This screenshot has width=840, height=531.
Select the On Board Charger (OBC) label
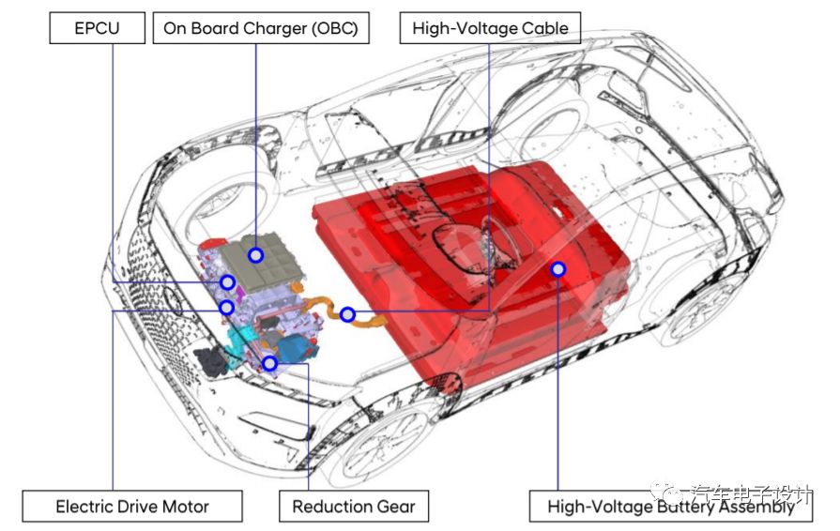click(x=260, y=28)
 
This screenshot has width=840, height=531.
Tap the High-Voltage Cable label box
click(x=490, y=28)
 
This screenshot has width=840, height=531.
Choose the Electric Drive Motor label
click(x=132, y=508)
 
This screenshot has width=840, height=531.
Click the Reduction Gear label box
click(x=354, y=508)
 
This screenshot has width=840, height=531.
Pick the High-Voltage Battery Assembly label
click(x=670, y=508)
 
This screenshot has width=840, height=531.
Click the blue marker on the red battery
click(x=558, y=269)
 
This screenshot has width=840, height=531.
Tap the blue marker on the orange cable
click(x=347, y=314)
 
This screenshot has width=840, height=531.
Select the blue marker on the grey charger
click(x=255, y=254)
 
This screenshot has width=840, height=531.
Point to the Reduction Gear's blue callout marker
click(x=269, y=363)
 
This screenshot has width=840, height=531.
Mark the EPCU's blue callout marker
click(x=227, y=281)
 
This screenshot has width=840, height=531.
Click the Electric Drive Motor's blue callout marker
click(x=226, y=307)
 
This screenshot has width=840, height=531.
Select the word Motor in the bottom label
click(x=183, y=508)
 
